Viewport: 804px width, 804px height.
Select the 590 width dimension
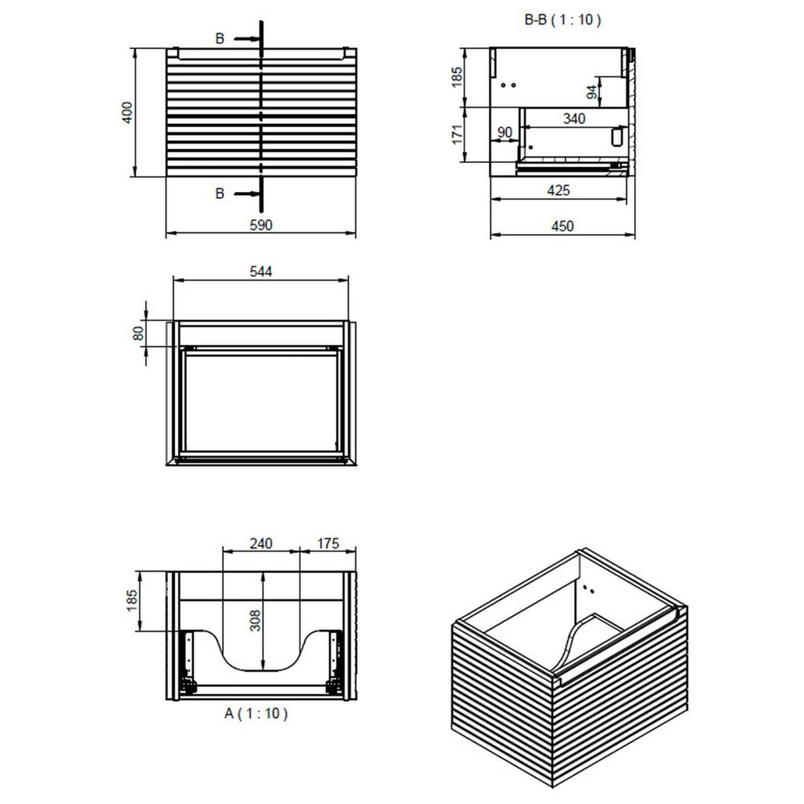click(x=261, y=225)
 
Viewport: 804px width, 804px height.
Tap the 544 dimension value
click(x=261, y=271)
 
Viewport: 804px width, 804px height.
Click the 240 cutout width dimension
click(x=261, y=543)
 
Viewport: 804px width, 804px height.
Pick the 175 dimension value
click(x=327, y=543)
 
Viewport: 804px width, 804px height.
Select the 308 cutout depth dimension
click(x=256, y=620)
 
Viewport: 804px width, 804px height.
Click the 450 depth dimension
click(x=562, y=226)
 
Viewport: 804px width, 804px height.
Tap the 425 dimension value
click(x=558, y=191)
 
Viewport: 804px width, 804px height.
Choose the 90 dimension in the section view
click(x=505, y=132)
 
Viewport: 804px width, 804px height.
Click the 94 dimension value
click(x=592, y=91)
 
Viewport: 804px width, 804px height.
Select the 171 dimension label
click(x=456, y=136)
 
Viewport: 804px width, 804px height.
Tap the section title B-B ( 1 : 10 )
click(x=562, y=21)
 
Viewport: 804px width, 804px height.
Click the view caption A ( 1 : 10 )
click(x=256, y=713)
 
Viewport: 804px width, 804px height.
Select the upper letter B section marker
click(x=220, y=39)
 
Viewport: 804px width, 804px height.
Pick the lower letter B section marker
click(x=220, y=193)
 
